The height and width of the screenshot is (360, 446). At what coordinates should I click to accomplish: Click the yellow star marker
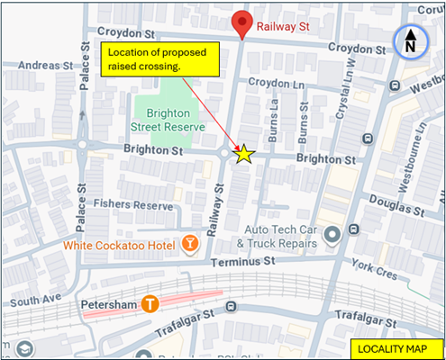pyautogui.click(x=243, y=154)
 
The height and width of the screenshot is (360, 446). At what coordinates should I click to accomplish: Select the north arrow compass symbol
pyautogui.click(x=409, y=41)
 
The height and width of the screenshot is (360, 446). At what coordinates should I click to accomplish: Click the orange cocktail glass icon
pyautogui.click(x=190, y=243)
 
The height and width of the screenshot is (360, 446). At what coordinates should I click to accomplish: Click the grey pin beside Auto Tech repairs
pyautogui.click(x=332, y=236)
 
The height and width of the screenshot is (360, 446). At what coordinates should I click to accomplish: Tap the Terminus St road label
pyautogui.click(x=241, y=262)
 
